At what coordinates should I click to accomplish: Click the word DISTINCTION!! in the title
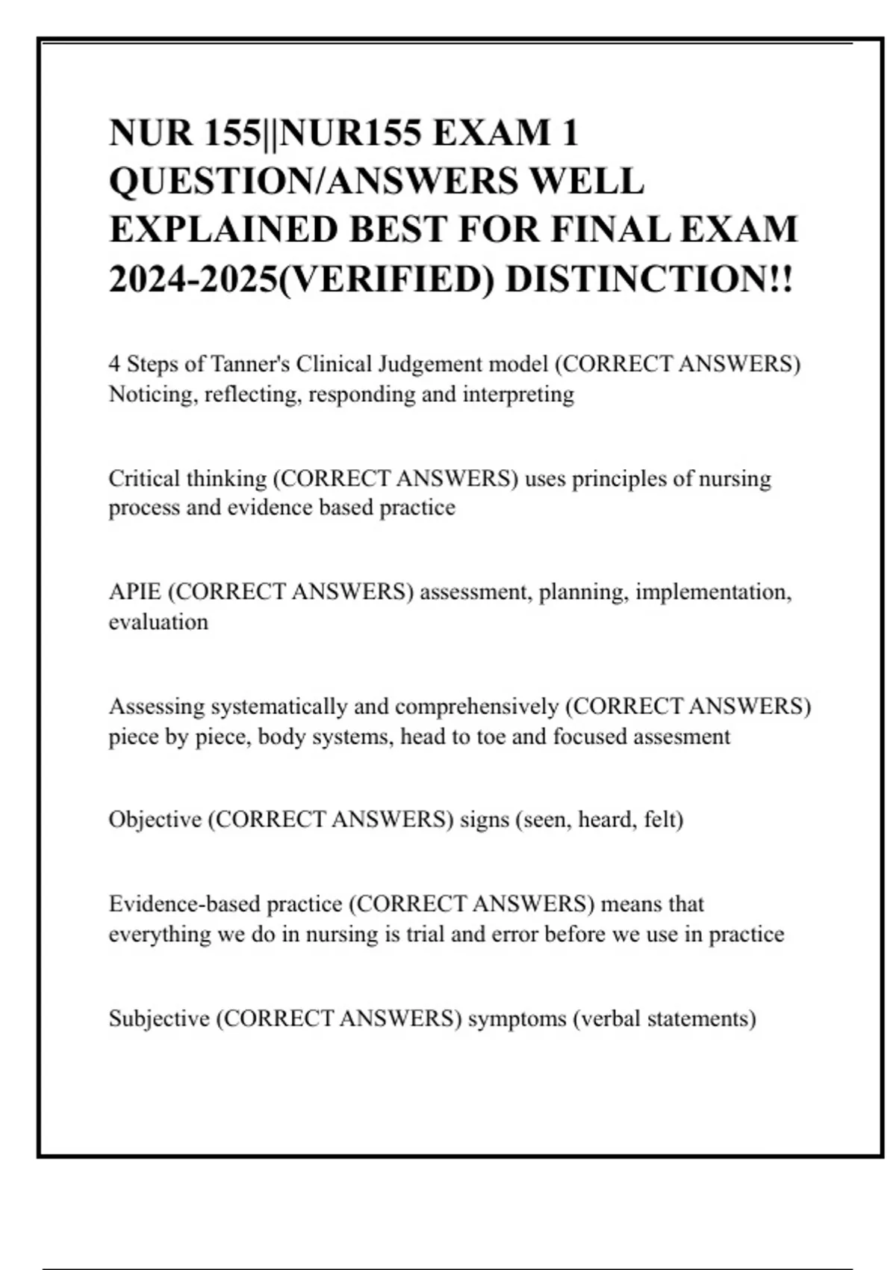(x=650, y=279)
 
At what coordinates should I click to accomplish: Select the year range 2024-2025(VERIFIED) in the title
(x=302, y=279)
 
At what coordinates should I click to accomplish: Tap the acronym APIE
(x=134, y=592)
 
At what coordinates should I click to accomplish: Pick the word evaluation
(x=158, y=622)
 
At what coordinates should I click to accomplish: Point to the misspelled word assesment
(x=682, y=737)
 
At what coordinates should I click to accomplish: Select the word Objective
(x=155, y=820)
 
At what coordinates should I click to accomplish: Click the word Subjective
(x=159, y=1019)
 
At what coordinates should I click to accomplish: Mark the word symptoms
(x=517, y=1019)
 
